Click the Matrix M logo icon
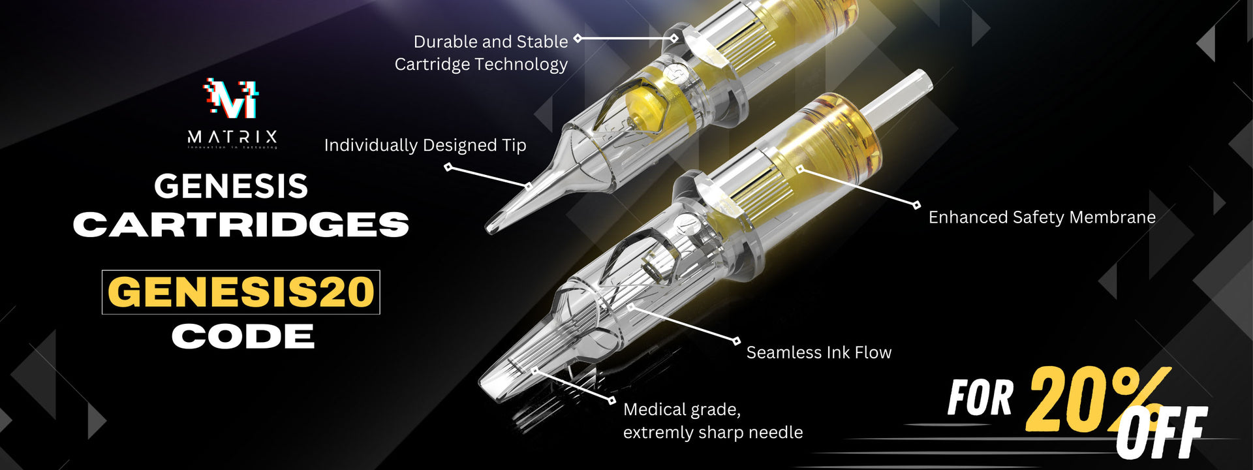(x=232, y=99)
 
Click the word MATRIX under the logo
(x=232, y=137)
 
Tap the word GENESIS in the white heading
(x=231, y=187)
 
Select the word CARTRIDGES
(x=241, y=225)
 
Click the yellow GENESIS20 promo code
(x=241, y=292)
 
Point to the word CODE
(x=243, y=337)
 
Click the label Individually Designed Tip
(x=425, y=145)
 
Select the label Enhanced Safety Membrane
(x=1042, y=217)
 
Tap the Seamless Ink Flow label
(x=818, y=352)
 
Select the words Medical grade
(x=681, y=410)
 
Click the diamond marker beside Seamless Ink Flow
(x=736, y=341)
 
